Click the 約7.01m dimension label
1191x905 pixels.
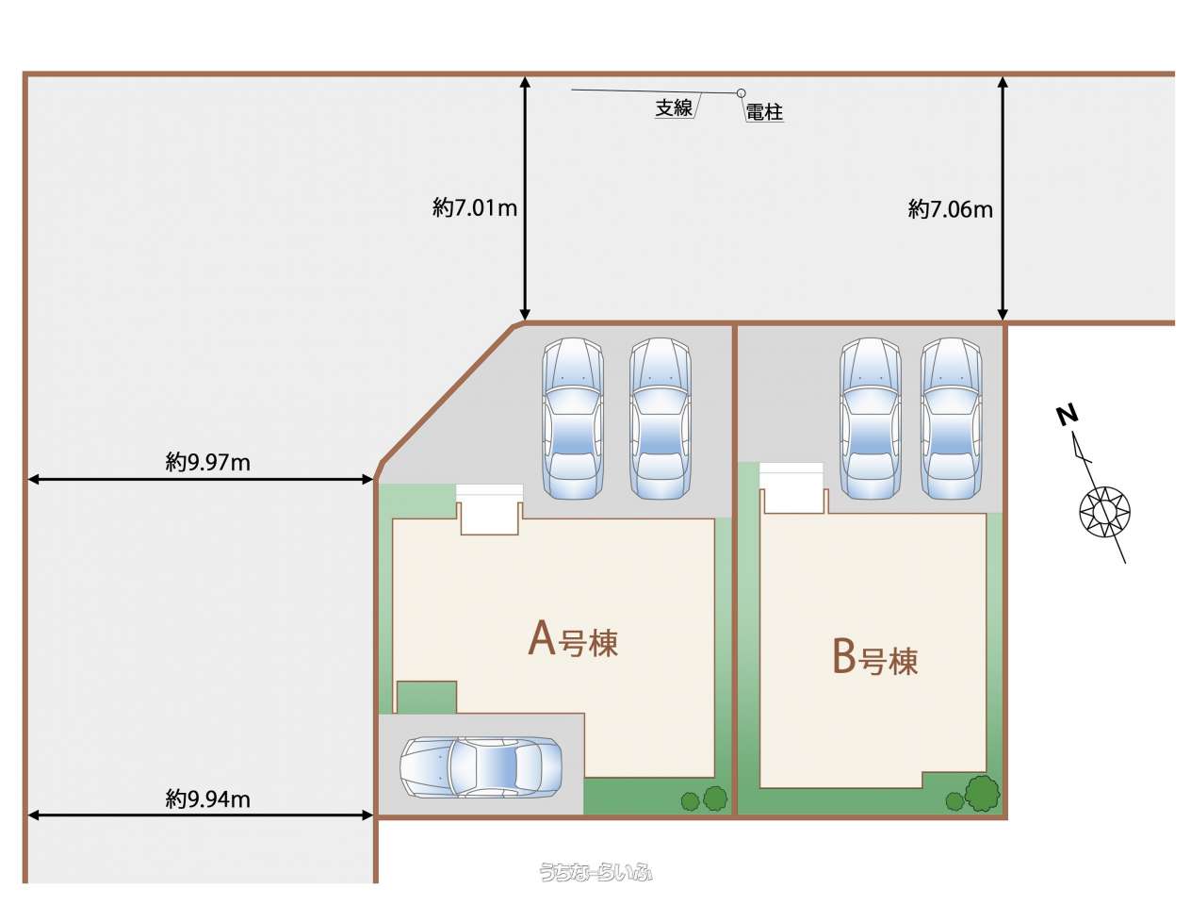click(x=474, y=208)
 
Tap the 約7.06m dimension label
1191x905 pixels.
click(x=950, y=209)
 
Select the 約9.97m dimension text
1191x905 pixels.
click(x=207, y=462)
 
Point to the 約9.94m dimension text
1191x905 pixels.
click(x=207, y=798)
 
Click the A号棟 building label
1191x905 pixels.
click(x=573, y=641)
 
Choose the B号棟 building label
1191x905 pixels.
click(x=874, y=659)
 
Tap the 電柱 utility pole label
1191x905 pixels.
click(x=764, y=112)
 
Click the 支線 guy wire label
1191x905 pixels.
click(x=674, y=108)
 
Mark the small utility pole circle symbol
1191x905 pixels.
click(x=741, y=93)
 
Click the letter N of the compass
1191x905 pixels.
click(x=1067, y=416)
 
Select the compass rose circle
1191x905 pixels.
click(x=1104, y=511)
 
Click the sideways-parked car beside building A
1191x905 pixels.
click(x=481, y=766)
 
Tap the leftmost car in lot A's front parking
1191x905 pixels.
click(x=573, y=418)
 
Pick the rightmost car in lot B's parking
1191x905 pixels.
click(x=951, y=418)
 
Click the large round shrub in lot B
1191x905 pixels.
click(x=982, y=793)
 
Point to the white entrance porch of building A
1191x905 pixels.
click(x=489, y=509)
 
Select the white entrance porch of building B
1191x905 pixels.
click(x=791, y=488)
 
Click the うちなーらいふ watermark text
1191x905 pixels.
click(x=595, y=871)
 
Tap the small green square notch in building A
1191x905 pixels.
click(x=426, y=697)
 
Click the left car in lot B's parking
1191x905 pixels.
click(x=870, y=418)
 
